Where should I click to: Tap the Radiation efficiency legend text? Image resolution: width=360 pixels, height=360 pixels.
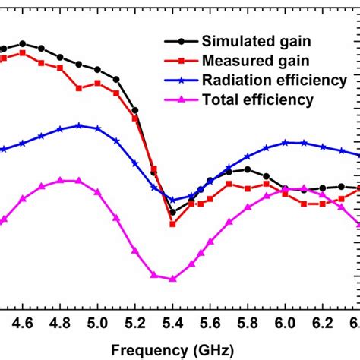click(x=273, y=80)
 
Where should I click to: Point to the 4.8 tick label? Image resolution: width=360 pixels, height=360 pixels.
click(x=60, y=323)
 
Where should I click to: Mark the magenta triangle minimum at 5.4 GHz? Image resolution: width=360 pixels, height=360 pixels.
click(x=172, y=279)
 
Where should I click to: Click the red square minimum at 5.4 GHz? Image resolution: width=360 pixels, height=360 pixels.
click(x=172, y=224)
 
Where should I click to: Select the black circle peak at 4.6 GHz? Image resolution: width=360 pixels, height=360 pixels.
click(x=23, y=43)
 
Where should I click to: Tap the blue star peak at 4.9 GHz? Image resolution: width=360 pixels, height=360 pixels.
click(x=79, y=125)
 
